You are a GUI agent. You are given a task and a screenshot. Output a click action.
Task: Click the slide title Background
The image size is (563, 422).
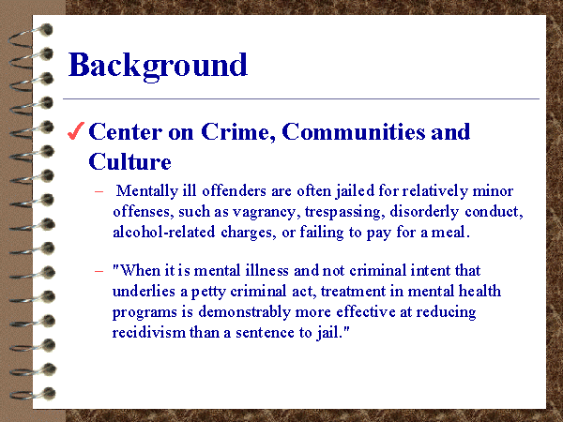click(x=158, y=67)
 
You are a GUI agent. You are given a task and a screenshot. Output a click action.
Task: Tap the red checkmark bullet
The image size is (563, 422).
click(x=76, y=131)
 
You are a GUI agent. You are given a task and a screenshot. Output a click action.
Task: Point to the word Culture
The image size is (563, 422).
click(x=130, y=161)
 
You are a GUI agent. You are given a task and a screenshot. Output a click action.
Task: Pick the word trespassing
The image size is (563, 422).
click(x=345, y=212)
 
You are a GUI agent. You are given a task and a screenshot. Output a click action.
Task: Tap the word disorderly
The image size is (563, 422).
click(x=424, y=212)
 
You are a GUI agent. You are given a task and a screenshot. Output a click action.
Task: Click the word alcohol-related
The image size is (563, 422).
click(x=164, y=233)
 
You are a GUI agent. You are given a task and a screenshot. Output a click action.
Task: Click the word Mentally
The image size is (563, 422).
click(x=147, y=191)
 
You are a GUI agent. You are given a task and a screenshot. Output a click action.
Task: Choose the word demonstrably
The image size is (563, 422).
click(x=245, y=312)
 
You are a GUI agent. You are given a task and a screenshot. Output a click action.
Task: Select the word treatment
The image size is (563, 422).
click(x=354, y=292)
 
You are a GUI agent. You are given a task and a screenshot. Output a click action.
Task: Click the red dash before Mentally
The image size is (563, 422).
click(x=99, y=191)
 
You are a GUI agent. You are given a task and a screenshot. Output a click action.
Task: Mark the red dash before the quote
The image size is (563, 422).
click(x=99, y=271)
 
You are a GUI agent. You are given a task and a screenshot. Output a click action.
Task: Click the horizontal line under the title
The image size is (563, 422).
click(x=301, y=98)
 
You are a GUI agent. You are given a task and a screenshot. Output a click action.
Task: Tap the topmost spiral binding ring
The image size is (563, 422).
click(x=32, y=36)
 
